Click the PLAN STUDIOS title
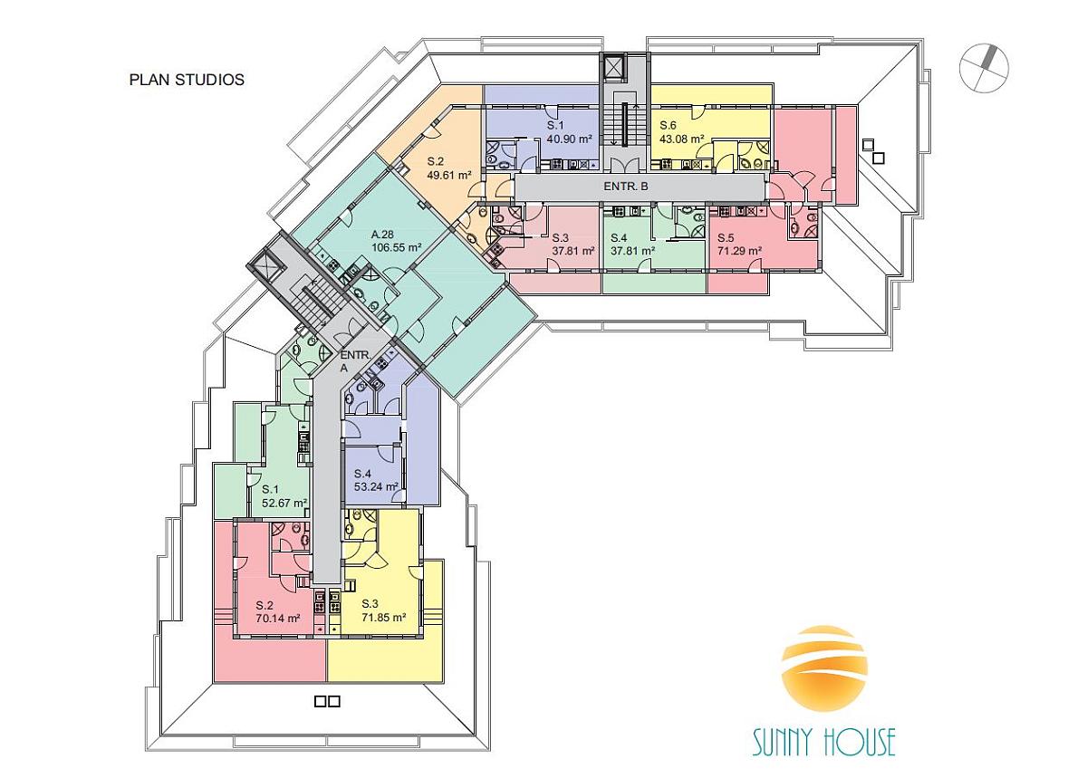[x=187, y=80]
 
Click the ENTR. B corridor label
[x=626, y=186]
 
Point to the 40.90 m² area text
[x=569, y=139]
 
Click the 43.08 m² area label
[x=682, y=139]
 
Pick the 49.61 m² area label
[x=449, y=175]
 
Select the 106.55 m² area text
[x=396, y=247]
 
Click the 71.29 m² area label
[x=739, y=251]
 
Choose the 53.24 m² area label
[x=376, y=486]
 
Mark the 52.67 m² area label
[x=284, y=503]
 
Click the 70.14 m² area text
[x=277, y=619]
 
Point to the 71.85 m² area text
[x=384, y=618]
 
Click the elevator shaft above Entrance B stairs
[x=613, y=67]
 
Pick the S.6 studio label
[x=669, y=125]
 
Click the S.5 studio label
[x=726, y=238]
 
